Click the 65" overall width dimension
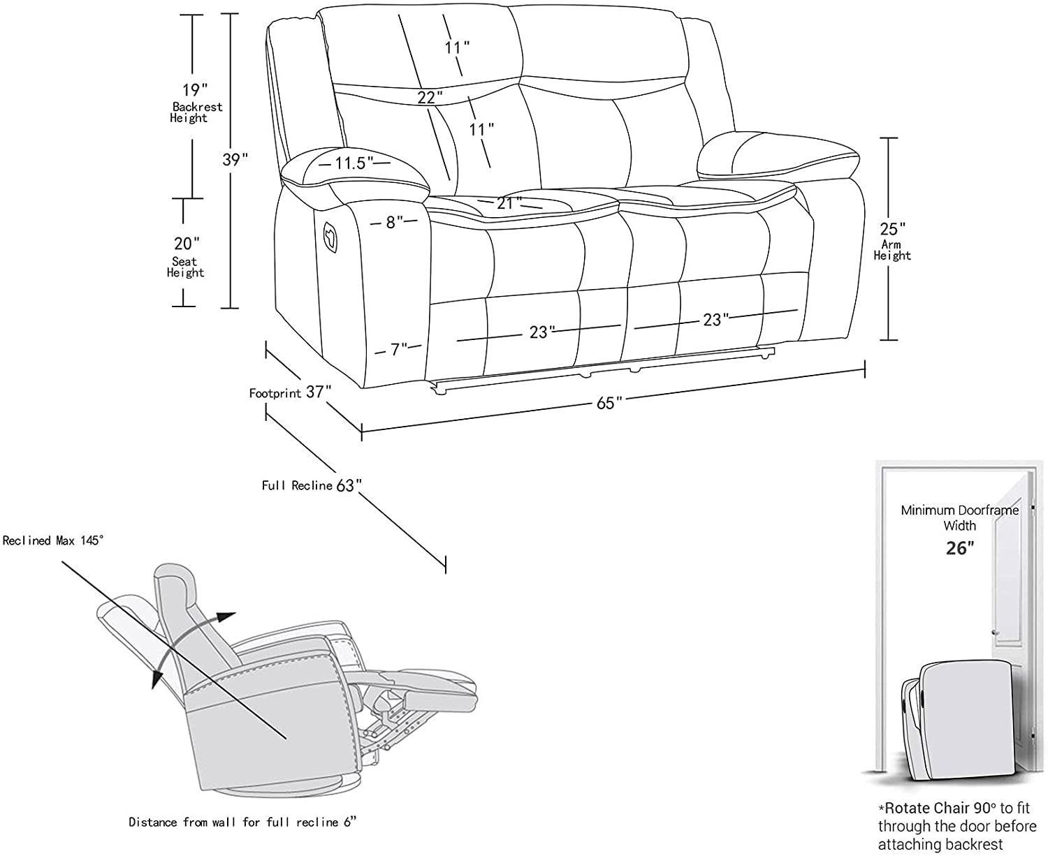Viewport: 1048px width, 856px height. [x=609, y=403]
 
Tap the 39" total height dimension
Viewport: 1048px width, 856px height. [x=235, y=159]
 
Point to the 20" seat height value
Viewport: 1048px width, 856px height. [x=187, y=244]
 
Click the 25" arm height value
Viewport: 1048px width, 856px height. [x=892, y=229]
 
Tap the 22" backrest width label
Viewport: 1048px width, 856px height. [x=430, y=98]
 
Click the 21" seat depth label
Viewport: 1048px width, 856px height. [x=509, y=203]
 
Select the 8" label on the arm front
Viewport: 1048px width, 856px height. [x=395, y=223]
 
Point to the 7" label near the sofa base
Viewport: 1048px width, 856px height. [x=399, y=348]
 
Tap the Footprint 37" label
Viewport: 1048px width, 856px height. [x=289, y=392]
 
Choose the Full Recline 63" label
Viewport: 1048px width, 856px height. [x=312, y=485]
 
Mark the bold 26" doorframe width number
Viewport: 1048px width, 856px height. [x=959, y=548]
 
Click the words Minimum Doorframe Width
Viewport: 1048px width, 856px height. [x=959, y=517]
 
